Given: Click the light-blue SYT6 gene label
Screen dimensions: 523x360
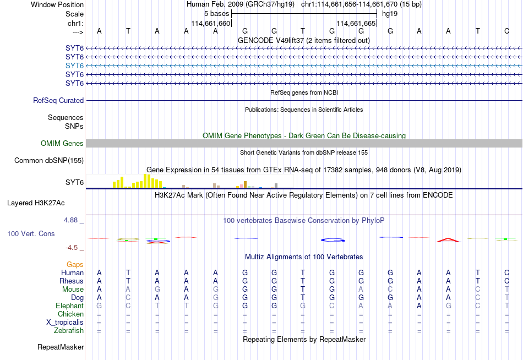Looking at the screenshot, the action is [74, 66].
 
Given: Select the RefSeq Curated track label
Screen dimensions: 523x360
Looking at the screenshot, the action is [58, 100].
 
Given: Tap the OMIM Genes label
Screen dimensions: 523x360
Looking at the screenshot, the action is [62, 144].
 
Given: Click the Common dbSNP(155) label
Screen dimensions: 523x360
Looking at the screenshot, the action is [49, 161].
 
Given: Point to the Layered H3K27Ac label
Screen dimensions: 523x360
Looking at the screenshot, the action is [36, 203].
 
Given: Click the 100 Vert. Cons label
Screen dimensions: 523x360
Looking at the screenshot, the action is [31, 233].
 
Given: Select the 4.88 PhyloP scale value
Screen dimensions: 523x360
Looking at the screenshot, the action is [70, 220].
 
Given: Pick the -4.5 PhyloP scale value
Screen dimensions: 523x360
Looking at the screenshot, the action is [72, 248].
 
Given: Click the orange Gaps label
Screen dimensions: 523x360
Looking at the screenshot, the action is [75, 265].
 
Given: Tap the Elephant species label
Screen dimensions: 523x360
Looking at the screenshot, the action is [70, 306].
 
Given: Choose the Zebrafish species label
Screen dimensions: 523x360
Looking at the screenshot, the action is [69, 331].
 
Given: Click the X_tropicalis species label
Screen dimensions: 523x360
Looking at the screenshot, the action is [65, 323].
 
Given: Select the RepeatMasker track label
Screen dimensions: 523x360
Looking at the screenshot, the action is [61, 347].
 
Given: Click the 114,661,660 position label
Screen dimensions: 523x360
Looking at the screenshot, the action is [211, 23].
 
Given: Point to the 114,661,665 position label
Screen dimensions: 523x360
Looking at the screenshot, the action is [356, 23].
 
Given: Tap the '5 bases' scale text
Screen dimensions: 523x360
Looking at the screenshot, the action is [217, 14].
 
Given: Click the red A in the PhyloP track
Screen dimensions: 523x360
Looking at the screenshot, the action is [449, 240].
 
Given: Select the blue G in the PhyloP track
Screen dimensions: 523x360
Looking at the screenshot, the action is [333, 240].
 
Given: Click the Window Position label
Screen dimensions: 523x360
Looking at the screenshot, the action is [57, 4].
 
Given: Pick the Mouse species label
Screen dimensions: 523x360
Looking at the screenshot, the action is [73, 290].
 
